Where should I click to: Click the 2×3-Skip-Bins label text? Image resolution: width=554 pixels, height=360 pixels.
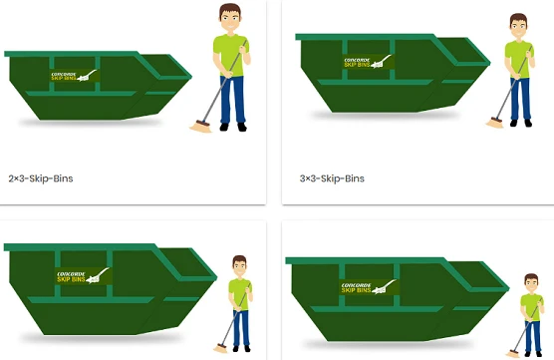point(41,180)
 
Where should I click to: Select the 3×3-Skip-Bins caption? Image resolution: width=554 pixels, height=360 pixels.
point(333,180)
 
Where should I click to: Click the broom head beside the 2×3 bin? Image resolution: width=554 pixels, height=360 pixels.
point(199,126)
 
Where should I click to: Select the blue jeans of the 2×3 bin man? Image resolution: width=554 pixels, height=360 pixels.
point(232,98)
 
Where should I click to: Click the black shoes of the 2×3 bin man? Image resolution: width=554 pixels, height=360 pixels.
point(233,127)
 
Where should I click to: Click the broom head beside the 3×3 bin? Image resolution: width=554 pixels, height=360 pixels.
point(494,124)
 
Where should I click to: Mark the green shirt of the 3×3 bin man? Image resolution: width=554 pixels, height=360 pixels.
point(518,58)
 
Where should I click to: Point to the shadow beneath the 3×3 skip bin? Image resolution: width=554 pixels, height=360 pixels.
point(389,116)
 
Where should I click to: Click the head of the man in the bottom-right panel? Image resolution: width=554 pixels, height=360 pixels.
point(532,284)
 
